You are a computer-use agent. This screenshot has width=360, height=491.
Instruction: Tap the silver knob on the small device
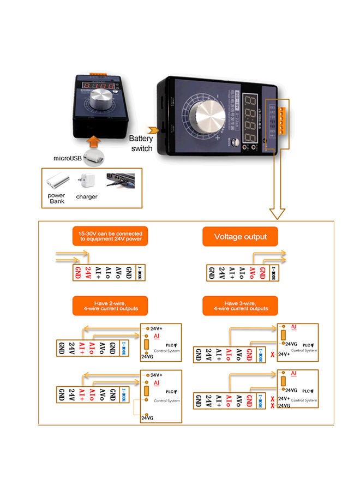click(101, 101)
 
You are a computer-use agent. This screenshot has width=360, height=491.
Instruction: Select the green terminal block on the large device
click(283, 119)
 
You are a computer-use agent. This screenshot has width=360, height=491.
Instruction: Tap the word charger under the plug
click(87, 196)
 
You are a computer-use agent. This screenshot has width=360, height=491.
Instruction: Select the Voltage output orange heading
click(240, 237)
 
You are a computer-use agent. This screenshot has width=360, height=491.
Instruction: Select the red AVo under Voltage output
click(251, 271)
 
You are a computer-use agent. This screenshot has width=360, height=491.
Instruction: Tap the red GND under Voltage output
click(262, 271)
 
